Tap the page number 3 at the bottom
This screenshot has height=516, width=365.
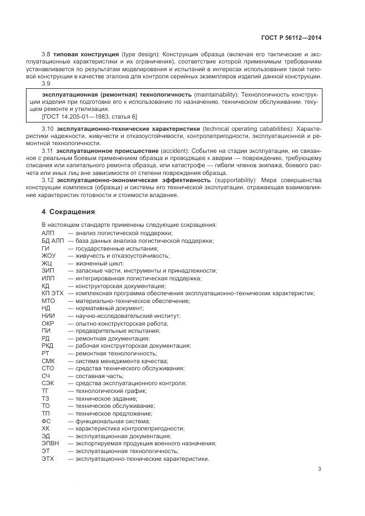point(320,469)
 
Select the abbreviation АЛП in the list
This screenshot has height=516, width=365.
point(48,233)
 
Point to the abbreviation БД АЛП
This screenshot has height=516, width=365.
point(52,241)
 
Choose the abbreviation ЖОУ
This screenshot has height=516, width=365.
point(49,256)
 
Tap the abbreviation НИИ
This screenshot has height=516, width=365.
point(48,316)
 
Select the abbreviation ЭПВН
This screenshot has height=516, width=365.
point(50,443)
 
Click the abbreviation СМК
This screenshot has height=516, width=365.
point(48,360)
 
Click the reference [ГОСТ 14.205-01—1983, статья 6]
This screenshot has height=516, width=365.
point(89,116)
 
